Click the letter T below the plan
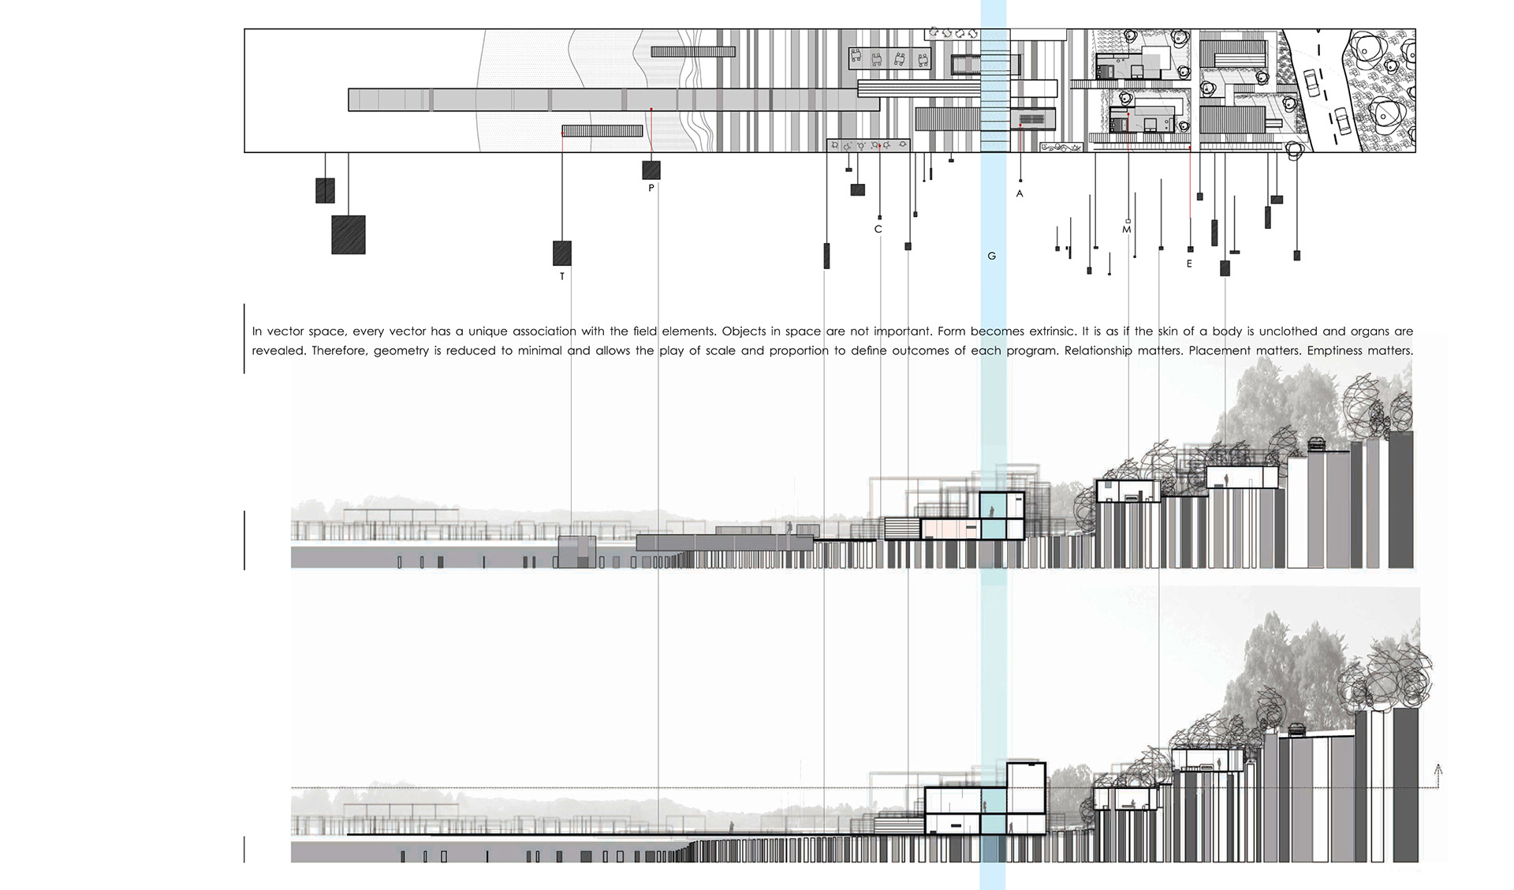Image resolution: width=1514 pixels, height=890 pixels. [x=562, y=277]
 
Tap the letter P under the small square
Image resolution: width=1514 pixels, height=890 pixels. [x=651, y=189]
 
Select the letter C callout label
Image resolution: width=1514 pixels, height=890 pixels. [x=878, y=230]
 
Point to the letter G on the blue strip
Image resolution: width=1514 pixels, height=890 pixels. [x=992, y=256]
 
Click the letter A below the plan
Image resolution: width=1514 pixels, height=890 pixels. [x=1020, y=194]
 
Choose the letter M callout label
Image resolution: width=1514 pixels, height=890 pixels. [x=1127, y=230]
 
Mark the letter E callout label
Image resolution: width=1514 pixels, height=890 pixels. [x=1190, y=264]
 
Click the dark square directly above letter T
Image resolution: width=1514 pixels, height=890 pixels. [x=562, y=253]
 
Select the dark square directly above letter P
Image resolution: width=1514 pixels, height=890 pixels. [x=651, y=170]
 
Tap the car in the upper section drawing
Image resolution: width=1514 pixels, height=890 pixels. [x=1316, y=444]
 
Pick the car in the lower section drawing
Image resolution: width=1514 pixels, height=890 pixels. [x=1296, y=730]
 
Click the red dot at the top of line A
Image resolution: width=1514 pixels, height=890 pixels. [x=1020, y=125]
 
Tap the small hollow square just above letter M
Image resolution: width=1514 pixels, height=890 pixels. [x=1128, y=221]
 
